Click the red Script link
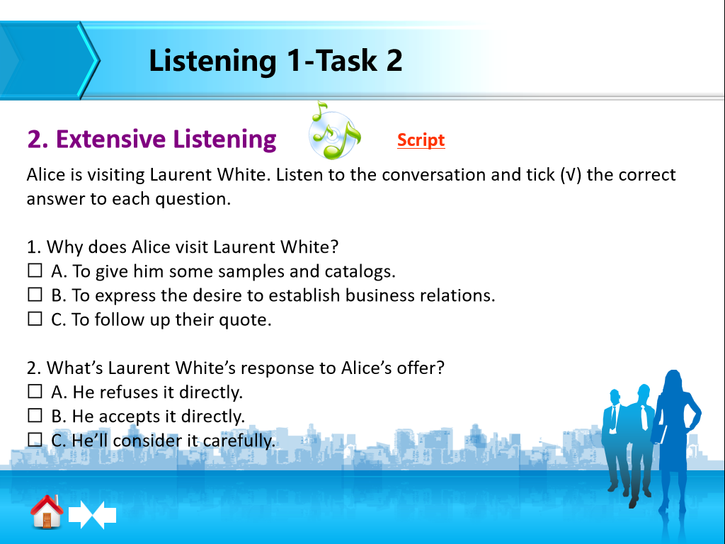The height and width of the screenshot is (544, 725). (421, 140)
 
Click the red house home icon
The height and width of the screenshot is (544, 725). (47, 511)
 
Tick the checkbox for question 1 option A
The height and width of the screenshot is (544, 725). (35, 271)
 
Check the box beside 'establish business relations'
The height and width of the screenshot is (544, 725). (35, 295)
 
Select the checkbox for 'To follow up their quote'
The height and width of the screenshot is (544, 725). (35, 319)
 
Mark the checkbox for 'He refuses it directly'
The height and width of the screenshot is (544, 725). (35, 391)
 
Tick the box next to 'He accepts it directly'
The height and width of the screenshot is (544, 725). (35, 415)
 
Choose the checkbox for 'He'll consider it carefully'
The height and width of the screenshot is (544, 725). (35, 439)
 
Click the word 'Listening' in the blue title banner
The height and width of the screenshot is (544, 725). (212, 62)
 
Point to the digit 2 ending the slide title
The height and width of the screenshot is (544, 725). (394, 60)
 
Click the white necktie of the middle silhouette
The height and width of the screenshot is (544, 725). (644, 417)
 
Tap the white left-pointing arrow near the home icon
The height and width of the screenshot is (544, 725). (105, 514)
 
